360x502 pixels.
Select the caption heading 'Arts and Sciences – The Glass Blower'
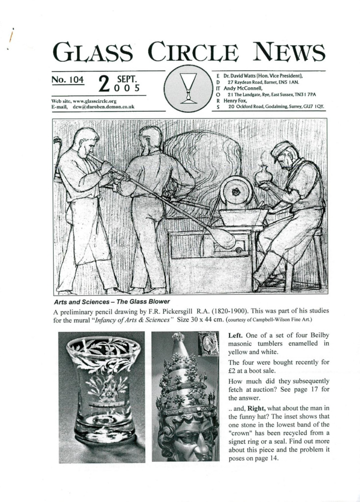(111, 301)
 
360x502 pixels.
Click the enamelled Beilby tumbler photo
(102, 397)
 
